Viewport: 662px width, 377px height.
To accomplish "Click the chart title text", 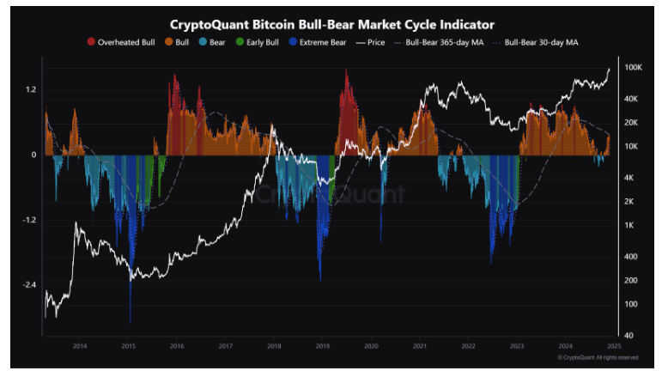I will [331, 24].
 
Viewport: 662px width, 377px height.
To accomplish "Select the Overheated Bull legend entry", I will [121, 41].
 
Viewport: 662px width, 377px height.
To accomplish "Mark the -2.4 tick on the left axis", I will [28, 285].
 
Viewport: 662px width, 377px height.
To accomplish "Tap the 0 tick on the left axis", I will [33, 155].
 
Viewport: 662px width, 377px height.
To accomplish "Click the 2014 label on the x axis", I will [79, 346].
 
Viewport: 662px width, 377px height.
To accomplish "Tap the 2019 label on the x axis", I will [322, 346].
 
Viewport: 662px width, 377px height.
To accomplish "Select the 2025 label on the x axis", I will [613, 346].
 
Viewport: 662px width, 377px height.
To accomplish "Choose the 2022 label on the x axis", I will [468, 346].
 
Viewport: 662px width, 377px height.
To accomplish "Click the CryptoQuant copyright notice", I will [598, 357].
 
